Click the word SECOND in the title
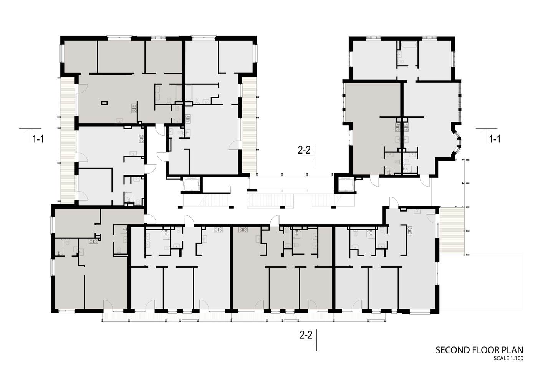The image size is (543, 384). (x=453, y=350)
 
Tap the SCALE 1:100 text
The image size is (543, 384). (x=508, y=359)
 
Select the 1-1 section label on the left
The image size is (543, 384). (x=38, y=139)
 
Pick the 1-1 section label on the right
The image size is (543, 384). (x=495, y=139)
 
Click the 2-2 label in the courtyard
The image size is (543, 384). (x=304, y=150)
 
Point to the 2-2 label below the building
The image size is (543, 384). (x=306, y=335)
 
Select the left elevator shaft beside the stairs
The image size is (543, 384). (x=192, y=184)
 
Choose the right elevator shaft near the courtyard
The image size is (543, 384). (x=346, y=184)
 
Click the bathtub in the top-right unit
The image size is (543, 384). (x=409, y=45)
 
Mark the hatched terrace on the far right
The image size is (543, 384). (x=452, y=231)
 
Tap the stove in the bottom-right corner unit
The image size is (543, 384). (x=410, y=231)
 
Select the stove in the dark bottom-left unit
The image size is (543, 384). (x=93, y=241)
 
